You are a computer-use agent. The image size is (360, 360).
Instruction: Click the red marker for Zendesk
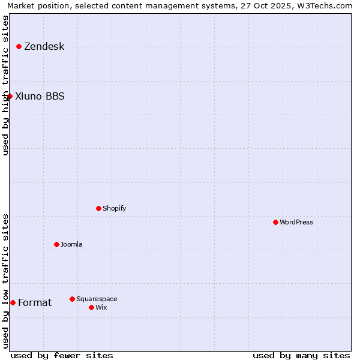(x=19, y=46)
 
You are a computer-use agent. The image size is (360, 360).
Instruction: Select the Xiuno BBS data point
(x=10, y=96)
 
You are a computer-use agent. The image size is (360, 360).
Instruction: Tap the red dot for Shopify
(x=98, y=208)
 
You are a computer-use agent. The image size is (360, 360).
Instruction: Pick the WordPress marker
(x=275, y=222)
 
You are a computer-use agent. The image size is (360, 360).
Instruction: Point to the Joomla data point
(x=56, y=244)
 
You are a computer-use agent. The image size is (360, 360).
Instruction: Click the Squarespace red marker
(x=72, y=299)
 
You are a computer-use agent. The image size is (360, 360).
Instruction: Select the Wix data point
(x=91, y=307)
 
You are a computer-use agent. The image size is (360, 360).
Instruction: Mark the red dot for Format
(x=13, y=302)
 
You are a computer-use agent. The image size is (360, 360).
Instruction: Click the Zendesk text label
(x=44, y=47)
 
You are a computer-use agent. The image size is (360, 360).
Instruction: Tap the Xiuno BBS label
(x=40, y=96)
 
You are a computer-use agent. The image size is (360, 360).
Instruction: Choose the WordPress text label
(x=296, y=222)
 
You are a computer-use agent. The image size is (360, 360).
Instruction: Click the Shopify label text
(x=115, y=208)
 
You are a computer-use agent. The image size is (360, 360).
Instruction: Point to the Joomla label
(x=71, y=244)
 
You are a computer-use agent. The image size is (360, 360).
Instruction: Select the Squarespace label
(x=97, y=299)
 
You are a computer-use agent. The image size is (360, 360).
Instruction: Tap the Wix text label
(x=101, y=307)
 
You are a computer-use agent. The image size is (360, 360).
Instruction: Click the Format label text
(x=35, y=302)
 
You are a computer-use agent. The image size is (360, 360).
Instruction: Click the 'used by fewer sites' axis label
(x=62, y=355)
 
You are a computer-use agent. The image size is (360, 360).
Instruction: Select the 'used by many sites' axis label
(x=301, y=355)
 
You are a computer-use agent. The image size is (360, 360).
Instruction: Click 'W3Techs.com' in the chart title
(x=326, y=5)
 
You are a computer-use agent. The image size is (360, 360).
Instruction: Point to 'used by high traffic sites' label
(x=5, y=85)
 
